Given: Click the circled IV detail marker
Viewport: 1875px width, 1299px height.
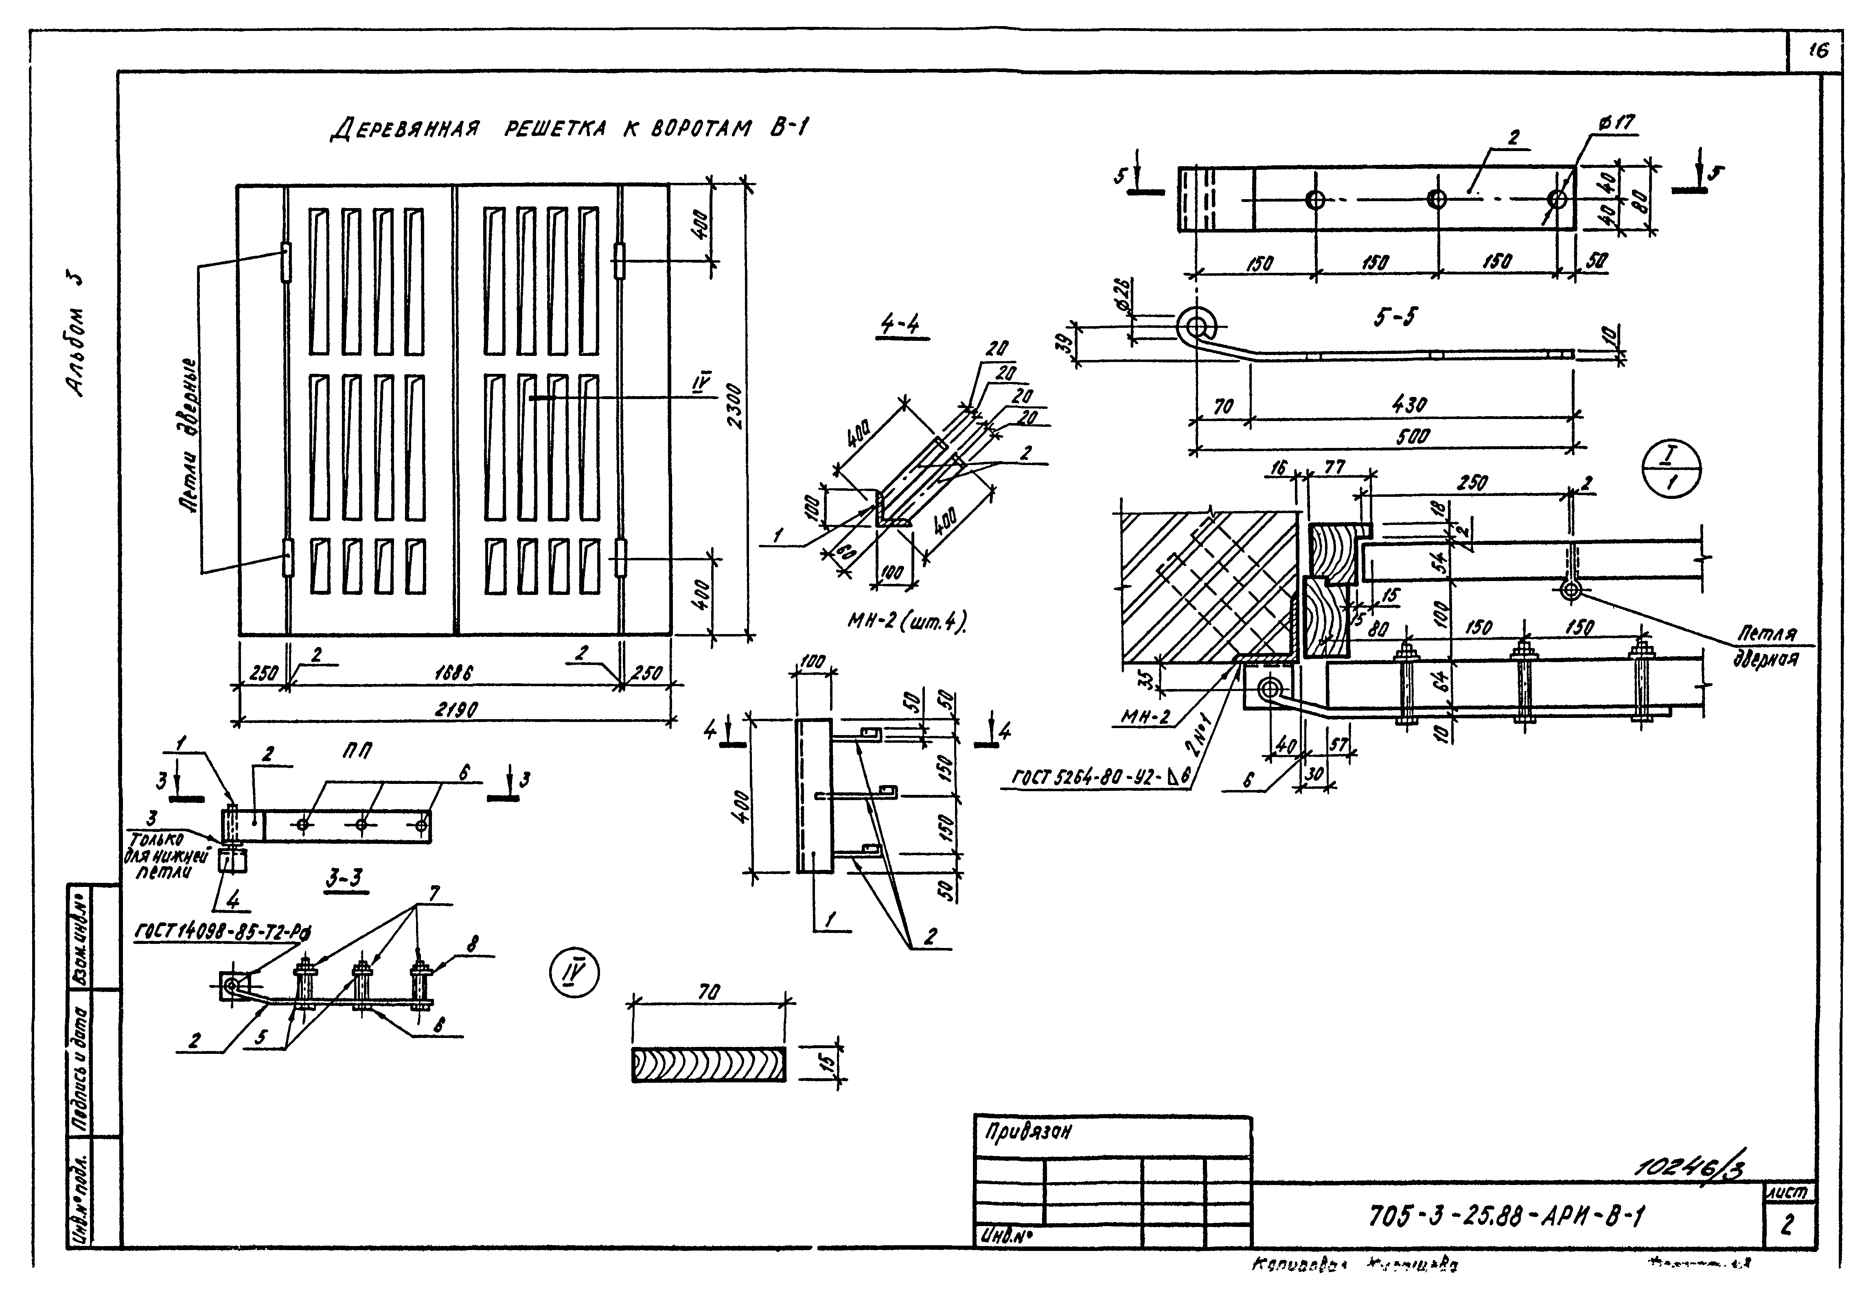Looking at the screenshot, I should click(x=574, y=974).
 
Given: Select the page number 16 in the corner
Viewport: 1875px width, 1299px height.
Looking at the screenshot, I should click(x=1817, y=50).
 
